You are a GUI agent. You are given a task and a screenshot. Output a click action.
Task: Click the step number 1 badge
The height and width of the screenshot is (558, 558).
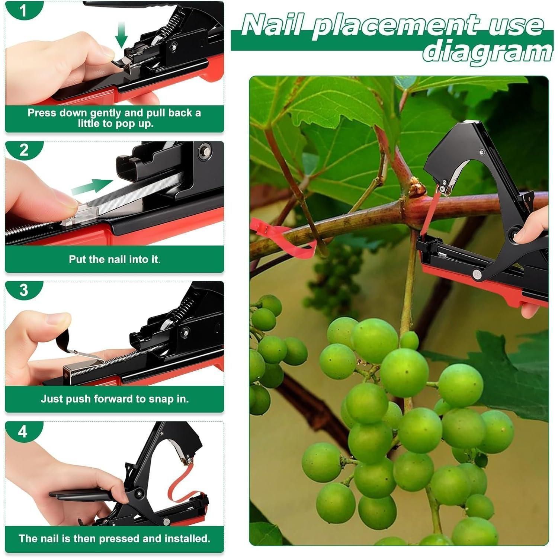pyautogui.click(x=23, y=10)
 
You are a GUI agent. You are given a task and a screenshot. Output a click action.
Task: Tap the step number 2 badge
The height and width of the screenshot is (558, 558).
pyautogui.click(x=24, y=150)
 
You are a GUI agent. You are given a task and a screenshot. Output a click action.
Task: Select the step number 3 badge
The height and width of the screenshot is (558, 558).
pyautogui.click(x=24, y=290)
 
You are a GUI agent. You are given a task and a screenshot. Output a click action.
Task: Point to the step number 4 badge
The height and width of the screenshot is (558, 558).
pyautogui.click(x=23, y=432)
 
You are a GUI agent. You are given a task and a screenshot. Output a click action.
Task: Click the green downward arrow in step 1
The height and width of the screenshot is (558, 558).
pyautogui.click(x=121, y=36)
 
